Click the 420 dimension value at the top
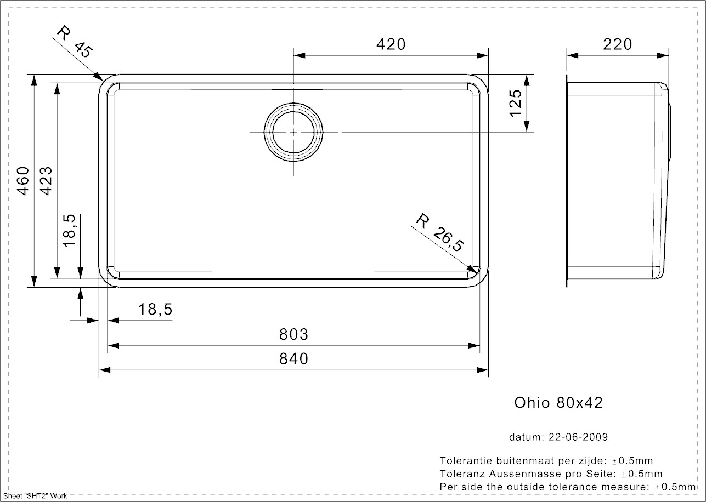click(x=391, y=44)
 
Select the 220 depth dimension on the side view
click(x=618, y=44)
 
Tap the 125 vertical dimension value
click(x=515, y=103)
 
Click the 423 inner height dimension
click(x=46, y=180)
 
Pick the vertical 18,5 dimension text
click(x=69, y=231)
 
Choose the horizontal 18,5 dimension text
click(x=156, y=310)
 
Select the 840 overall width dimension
click(x=294, y=359)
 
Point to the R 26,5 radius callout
click(x=439, y=232)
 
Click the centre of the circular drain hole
click(x=294, y=132)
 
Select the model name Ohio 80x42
click(x=558, y=403)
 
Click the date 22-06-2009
click(x=579, y=437)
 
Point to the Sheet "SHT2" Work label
click(x=35, y=496)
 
